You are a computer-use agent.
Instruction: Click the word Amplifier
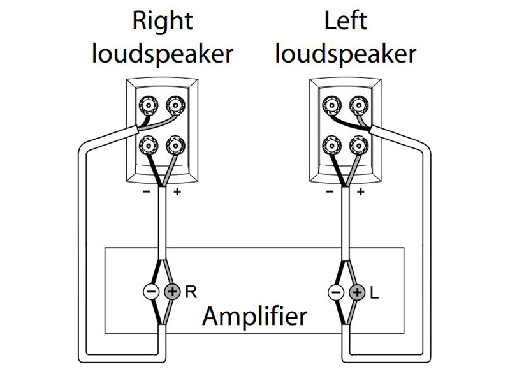pyautogui.click(x=254, y=316)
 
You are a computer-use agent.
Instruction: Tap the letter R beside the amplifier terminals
pyautogui.click(x=190, y=293)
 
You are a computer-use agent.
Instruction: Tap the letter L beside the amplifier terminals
pyautogui.click(x=374, y=293)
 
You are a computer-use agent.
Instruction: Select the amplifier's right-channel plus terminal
pyautogui.click(x=172, y=293)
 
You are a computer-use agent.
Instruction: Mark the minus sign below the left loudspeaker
pyautogui.click(x=329, y=191)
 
